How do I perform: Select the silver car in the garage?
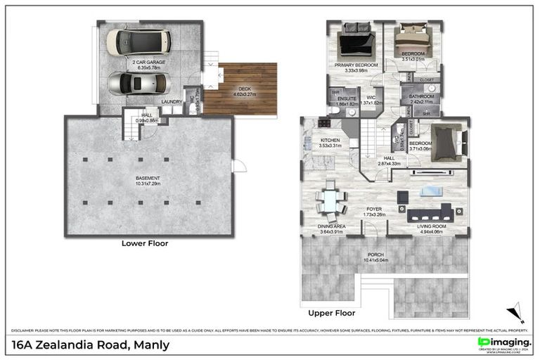[140, 84]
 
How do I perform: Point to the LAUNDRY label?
[172, 101]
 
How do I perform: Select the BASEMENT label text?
[148, 178]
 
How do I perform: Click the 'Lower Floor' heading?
[146, 243]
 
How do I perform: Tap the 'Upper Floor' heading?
[331, 313]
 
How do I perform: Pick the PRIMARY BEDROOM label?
[357, 65]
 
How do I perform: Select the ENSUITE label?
[347, 98]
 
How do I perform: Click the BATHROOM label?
[422, 96]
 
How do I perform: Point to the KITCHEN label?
[330, 141]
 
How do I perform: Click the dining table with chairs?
[330, 200]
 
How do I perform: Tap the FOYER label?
[374, 209]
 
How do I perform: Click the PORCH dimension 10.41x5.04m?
[376, 260]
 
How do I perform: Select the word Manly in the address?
[150, 345]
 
